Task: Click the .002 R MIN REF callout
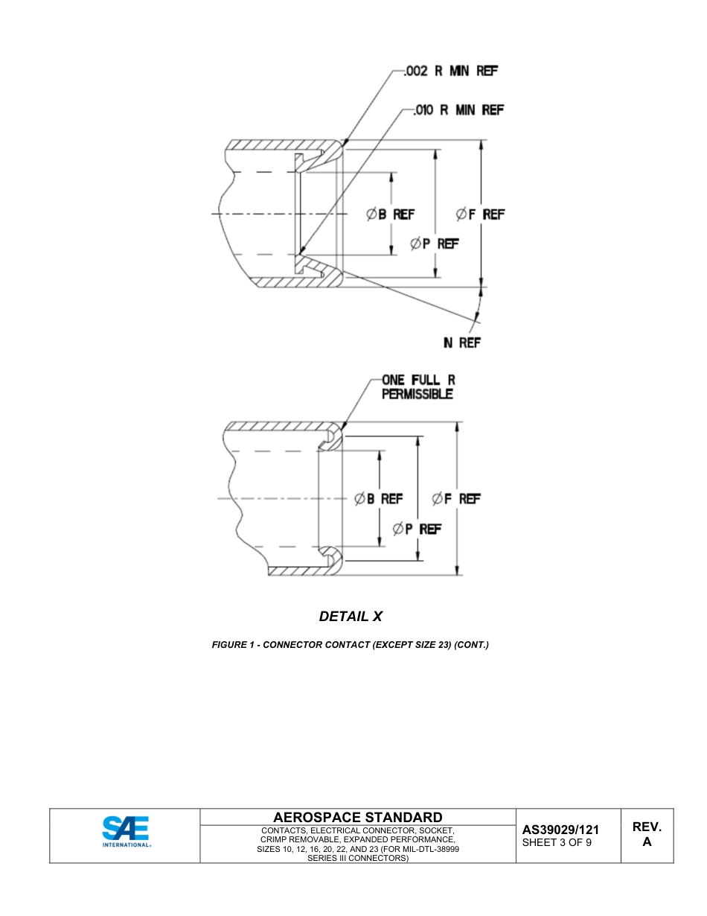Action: (x=450, y=71)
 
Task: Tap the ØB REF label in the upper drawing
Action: (x=390, y=214)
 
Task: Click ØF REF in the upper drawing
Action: (x=480, y=214)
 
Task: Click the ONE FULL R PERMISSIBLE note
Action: (x=418, y=387)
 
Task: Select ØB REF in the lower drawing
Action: (x=379, y=499)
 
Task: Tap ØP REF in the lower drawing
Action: (x=417, y=529)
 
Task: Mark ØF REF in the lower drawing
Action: (x=456, y=499)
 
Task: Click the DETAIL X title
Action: (x=351, y=617)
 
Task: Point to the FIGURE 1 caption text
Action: (x=351, y=645)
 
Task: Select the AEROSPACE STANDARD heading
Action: (x=357, y=818)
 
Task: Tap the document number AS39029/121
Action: (x=560, y=830)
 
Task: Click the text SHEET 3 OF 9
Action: (x=557, y=843)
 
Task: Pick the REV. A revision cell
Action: (x=647, y=835)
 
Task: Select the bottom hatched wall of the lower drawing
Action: (x=298, y=571)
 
